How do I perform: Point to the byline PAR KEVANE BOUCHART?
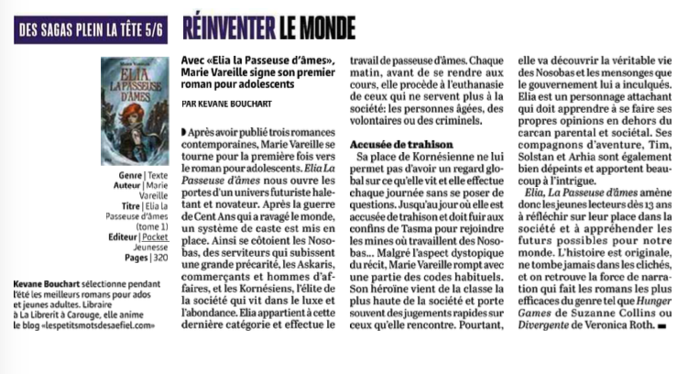[229, 104]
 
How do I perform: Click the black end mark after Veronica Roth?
[660, 326]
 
